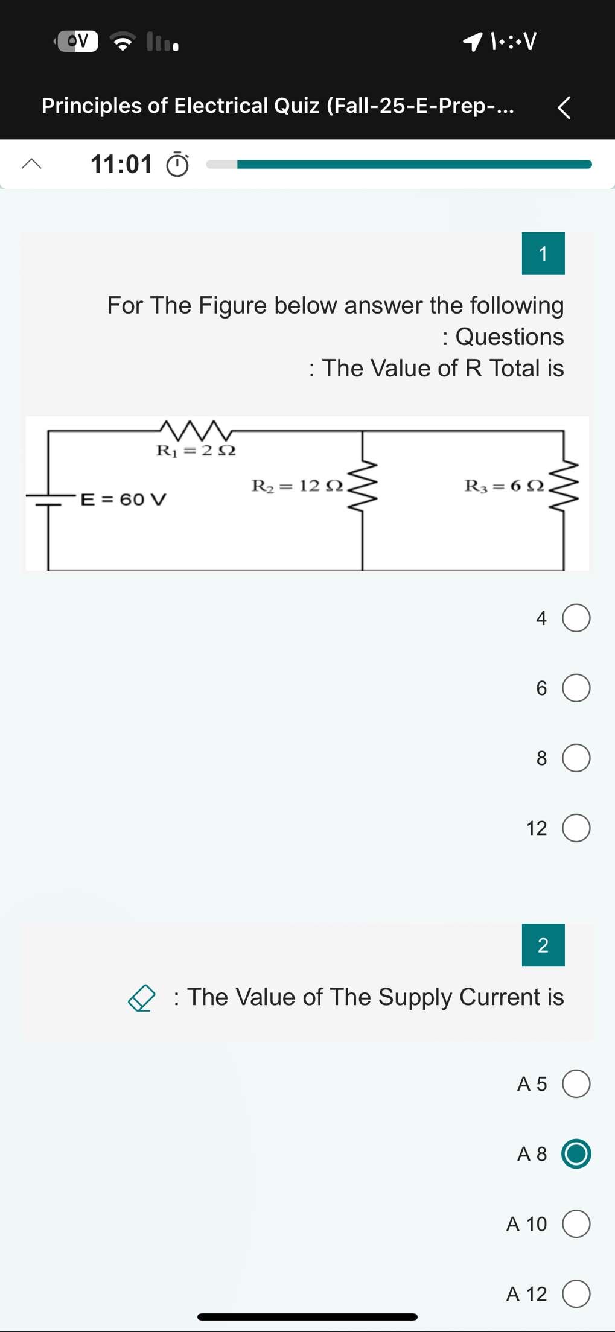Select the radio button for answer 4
pyautogui.click(x=576, y=618)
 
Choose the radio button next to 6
pyautogui.click(x=576, y=688)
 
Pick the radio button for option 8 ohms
pyautogui.click(x=576, y=758)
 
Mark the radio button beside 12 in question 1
pyautogui.click(x=576, y=828)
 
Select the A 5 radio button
pyautogui.click(x=576, y=1083)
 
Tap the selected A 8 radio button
pyautogui.click(x=576, y=1153)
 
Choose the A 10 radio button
pyautogui.click(x=576, y=1223)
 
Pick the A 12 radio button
pyautogui.click(x=576, y=1293)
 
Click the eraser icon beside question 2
pyautogui.click(x=142, y=998)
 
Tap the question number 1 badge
pyautogui.click(x=543, y=253)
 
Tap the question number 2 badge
pyautogui.click(x=543, y=945)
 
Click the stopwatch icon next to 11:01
pyautogui.click(x=177, y=164)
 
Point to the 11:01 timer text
pyautogui.click(x=121, y=164)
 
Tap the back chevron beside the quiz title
pyautogui.click(x=564, y=108)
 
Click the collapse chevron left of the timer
pyautogui.click(x=31, y=163)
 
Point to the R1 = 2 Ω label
pyautogui.click(x=196, y=451)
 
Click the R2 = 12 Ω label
pyautogui.click(x=297, y=486)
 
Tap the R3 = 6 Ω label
pyautogui.click(x=504, y=486)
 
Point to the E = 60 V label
pyautogui.click(x=124, y=499)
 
